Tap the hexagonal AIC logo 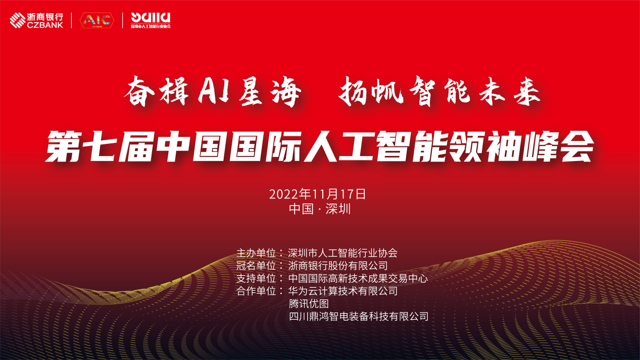[x=97, y=21]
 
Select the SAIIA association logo [x=151, y=20]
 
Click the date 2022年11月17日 [x=317, y=194]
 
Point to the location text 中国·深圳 [x=320, y=209]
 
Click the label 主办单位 [x=256, y=253]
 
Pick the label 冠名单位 [x=256, y=266]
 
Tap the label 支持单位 [x=256, y=278]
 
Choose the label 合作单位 [x=256, y=291]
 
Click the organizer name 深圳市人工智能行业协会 [x=343, y=253]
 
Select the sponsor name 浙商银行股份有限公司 [x=338, y=266]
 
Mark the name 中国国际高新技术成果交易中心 [x=358, y=278]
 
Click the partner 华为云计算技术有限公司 [x=343, y=291]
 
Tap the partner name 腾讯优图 [x=309, y=303]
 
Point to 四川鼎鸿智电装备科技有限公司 [x=359, y=316]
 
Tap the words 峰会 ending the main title [x=559, y=146]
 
